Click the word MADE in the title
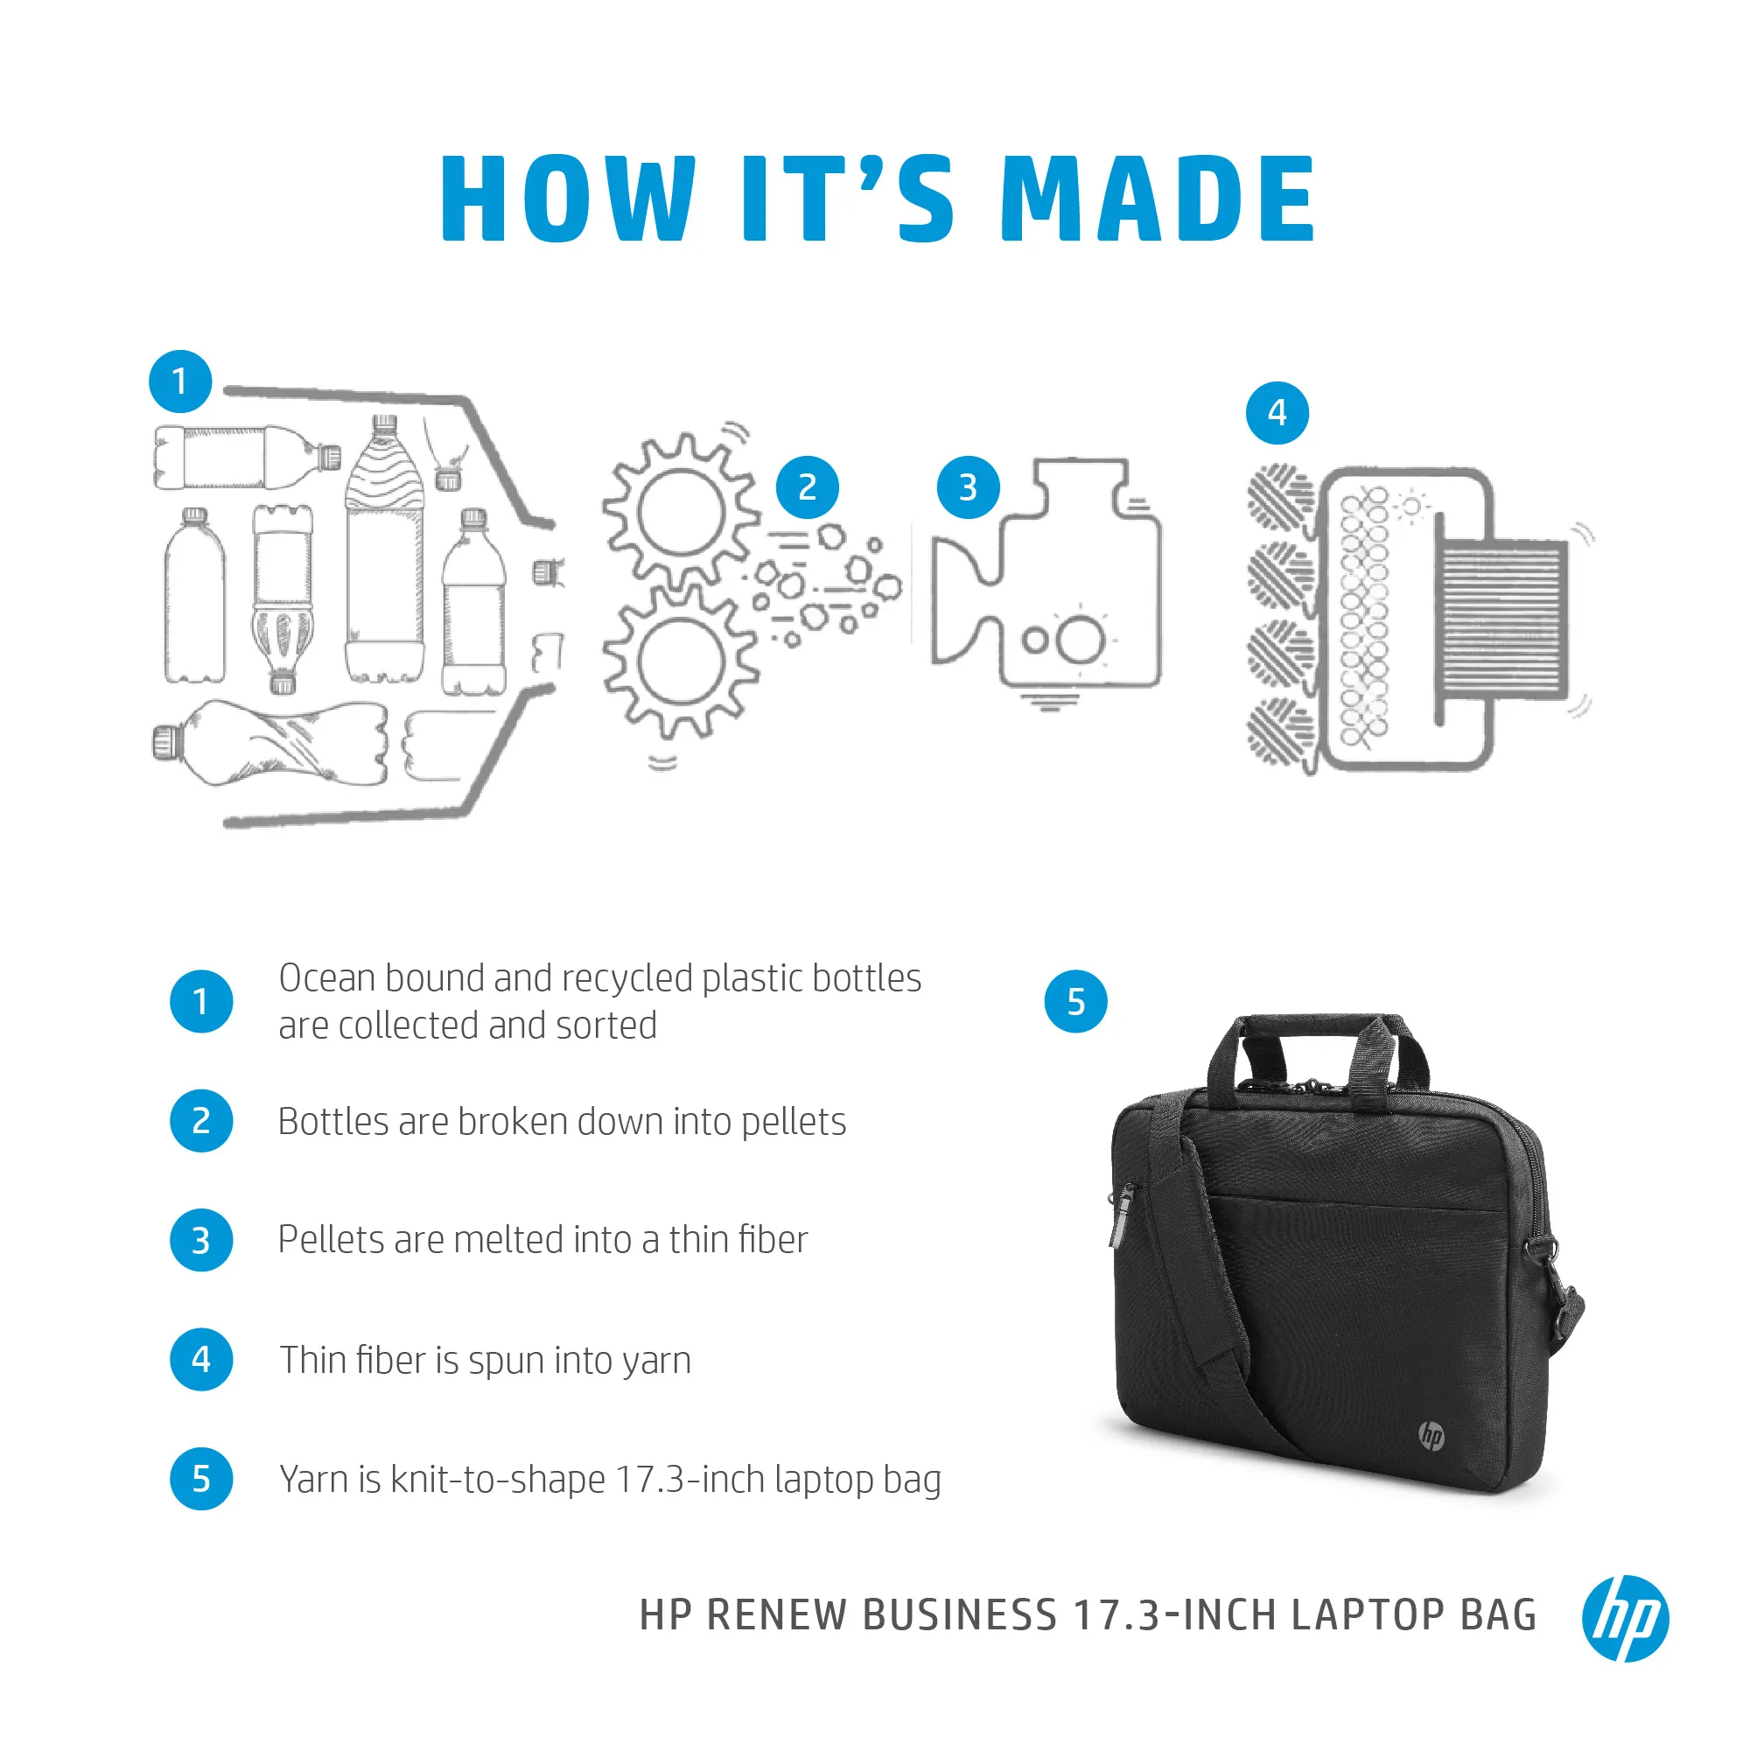(1157, 199)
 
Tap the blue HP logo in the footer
(1624, 1618)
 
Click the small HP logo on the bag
(1431, 1436)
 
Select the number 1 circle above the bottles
(180, 382)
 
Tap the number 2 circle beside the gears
(807, 487)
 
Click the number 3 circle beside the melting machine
(967, 487)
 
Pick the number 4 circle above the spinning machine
(1276, 413)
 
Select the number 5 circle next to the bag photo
(1074, 1001)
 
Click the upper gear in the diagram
(680, 512)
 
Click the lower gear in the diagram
(680, 662)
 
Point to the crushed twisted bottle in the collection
(272, 743)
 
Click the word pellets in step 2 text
(793, 1122)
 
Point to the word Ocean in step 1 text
(326, 978)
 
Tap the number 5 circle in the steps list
(201, 1479)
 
